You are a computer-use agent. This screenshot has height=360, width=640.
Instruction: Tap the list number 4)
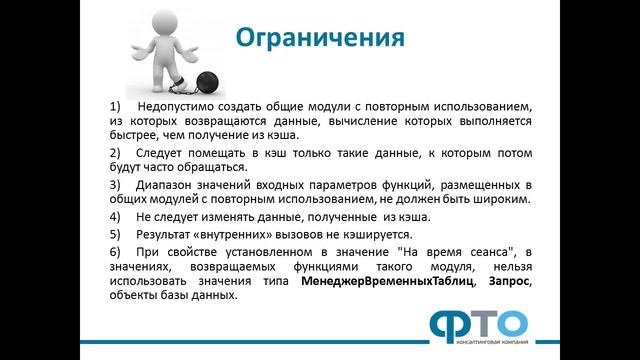(x=115, y=216)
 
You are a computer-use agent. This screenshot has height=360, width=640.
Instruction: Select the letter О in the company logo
(x=508, y=324)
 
